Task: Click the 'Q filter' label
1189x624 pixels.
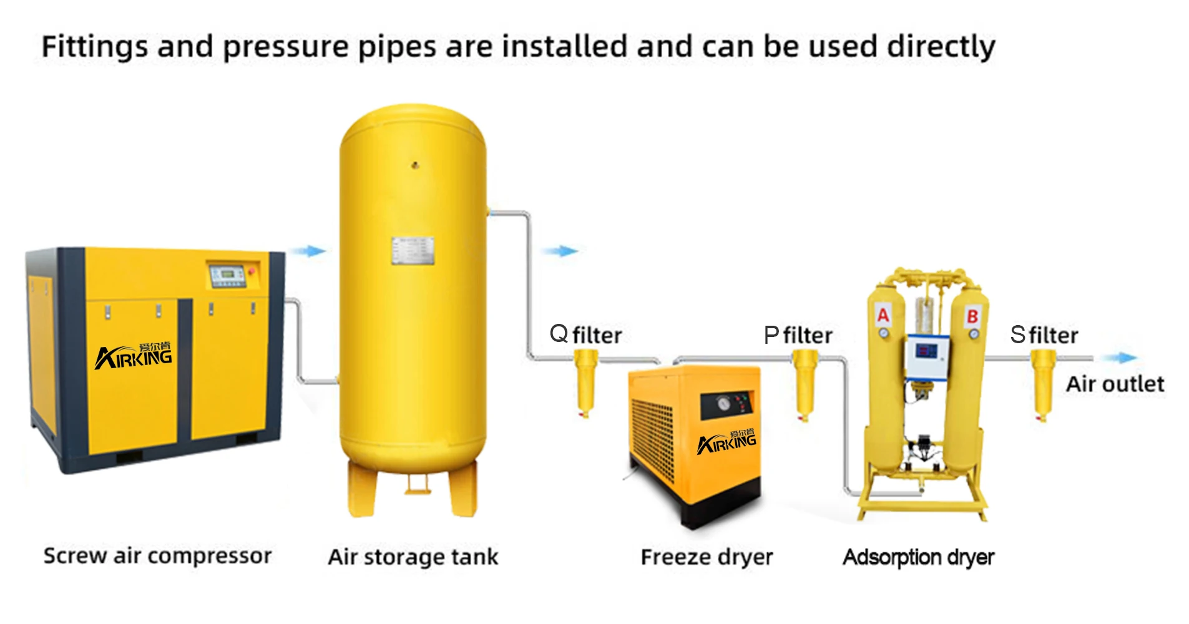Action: (x=585, y=335)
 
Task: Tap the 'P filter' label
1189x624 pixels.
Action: (x=798, y=335)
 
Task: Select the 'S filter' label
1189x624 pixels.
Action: (x=1044, y=335)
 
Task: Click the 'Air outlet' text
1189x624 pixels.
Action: (x=1115, y=384)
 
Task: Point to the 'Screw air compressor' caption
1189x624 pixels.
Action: (x=157, y=555)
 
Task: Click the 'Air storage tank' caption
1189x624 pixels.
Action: (x=413, y=557)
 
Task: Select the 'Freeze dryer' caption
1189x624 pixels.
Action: (x=707, y=557)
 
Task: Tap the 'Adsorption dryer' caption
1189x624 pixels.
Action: (x=918, y=557)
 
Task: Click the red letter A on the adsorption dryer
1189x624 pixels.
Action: (x=883, y=314)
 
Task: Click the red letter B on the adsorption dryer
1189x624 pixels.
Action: (x=972, y=316)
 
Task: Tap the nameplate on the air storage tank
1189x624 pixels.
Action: (x=413, y=251)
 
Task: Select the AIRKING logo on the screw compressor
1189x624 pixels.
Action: (x=134, y=356)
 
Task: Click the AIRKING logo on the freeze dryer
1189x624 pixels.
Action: (x=727, y=441)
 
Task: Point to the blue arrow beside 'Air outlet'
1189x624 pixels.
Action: (x=1119, y=358)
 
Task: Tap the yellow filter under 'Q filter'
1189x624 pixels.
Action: (x=585, y=382)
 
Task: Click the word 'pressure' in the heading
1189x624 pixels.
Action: (x=285, y=47)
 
